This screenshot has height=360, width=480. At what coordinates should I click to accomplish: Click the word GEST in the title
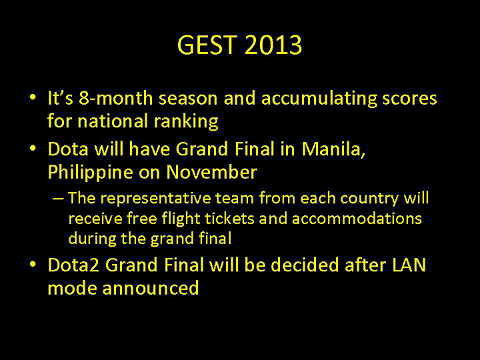click(x=207, y=46)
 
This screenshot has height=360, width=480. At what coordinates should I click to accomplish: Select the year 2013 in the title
click(x=273, y=46)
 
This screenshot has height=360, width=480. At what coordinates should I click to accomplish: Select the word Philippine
click(x=89, y=172)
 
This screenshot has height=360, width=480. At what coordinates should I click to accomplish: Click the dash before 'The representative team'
click(x=58, y=199)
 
